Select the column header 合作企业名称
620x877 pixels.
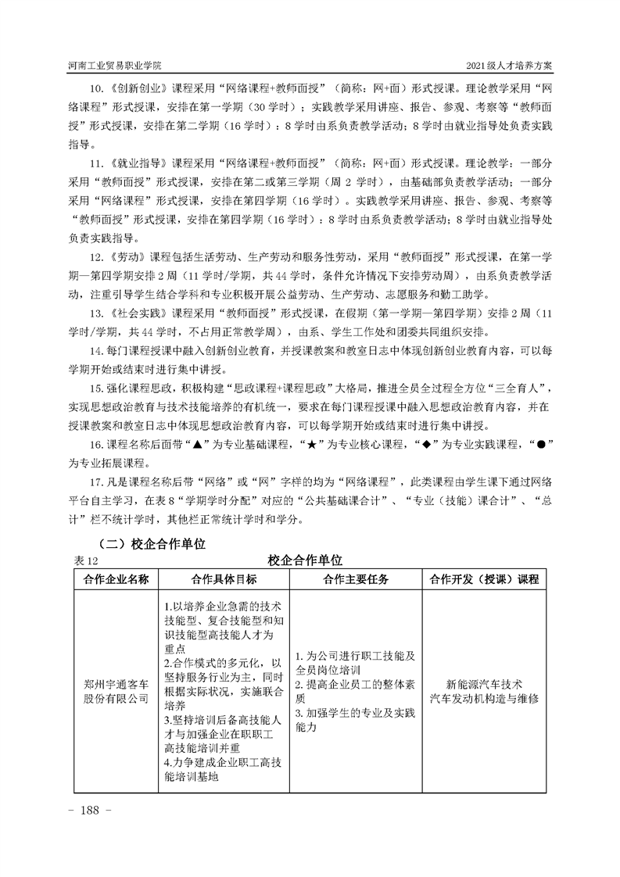(x=116, y=579)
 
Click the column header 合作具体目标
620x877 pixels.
(x=223, y=579)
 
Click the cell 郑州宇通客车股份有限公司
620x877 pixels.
(x=116, y=691)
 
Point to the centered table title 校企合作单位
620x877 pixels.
(x=305, y=560)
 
